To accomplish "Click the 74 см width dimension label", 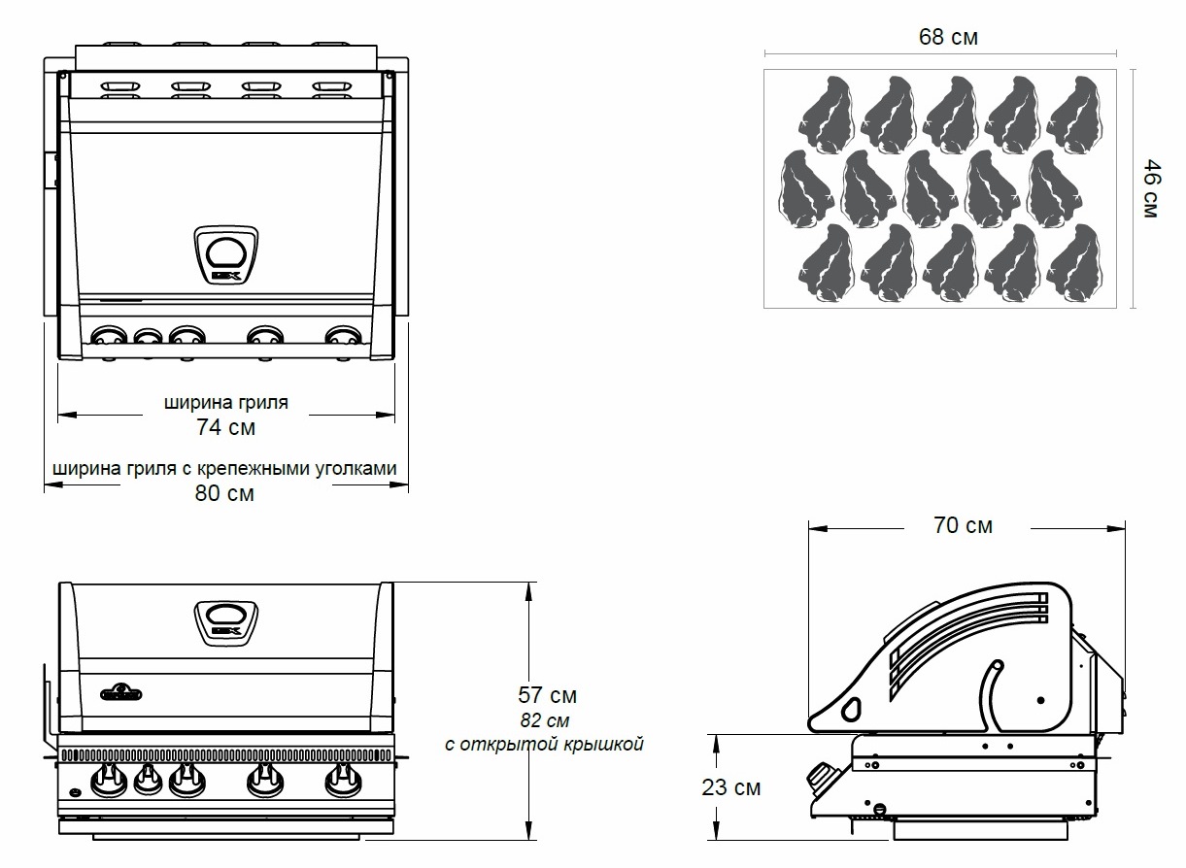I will tap(226, 426).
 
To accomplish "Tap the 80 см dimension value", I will tap(226, 493).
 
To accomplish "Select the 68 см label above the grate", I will tap(948, 38).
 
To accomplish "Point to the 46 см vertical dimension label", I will tap(1151, 188).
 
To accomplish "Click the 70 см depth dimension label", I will tap(963, 525).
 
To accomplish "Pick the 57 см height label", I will tap(548, 695).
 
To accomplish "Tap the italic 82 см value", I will tap(545, 720).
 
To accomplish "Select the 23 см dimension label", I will tap(731, 787).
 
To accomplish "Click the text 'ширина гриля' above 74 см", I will tap(226, 401).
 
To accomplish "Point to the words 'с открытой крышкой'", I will tap(545, 745).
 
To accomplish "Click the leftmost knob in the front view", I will tap(107, 778).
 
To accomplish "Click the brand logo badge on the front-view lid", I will tap(121, 691).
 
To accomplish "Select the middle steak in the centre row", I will tap(930, 188).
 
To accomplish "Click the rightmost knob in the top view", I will tap(341, 338).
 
